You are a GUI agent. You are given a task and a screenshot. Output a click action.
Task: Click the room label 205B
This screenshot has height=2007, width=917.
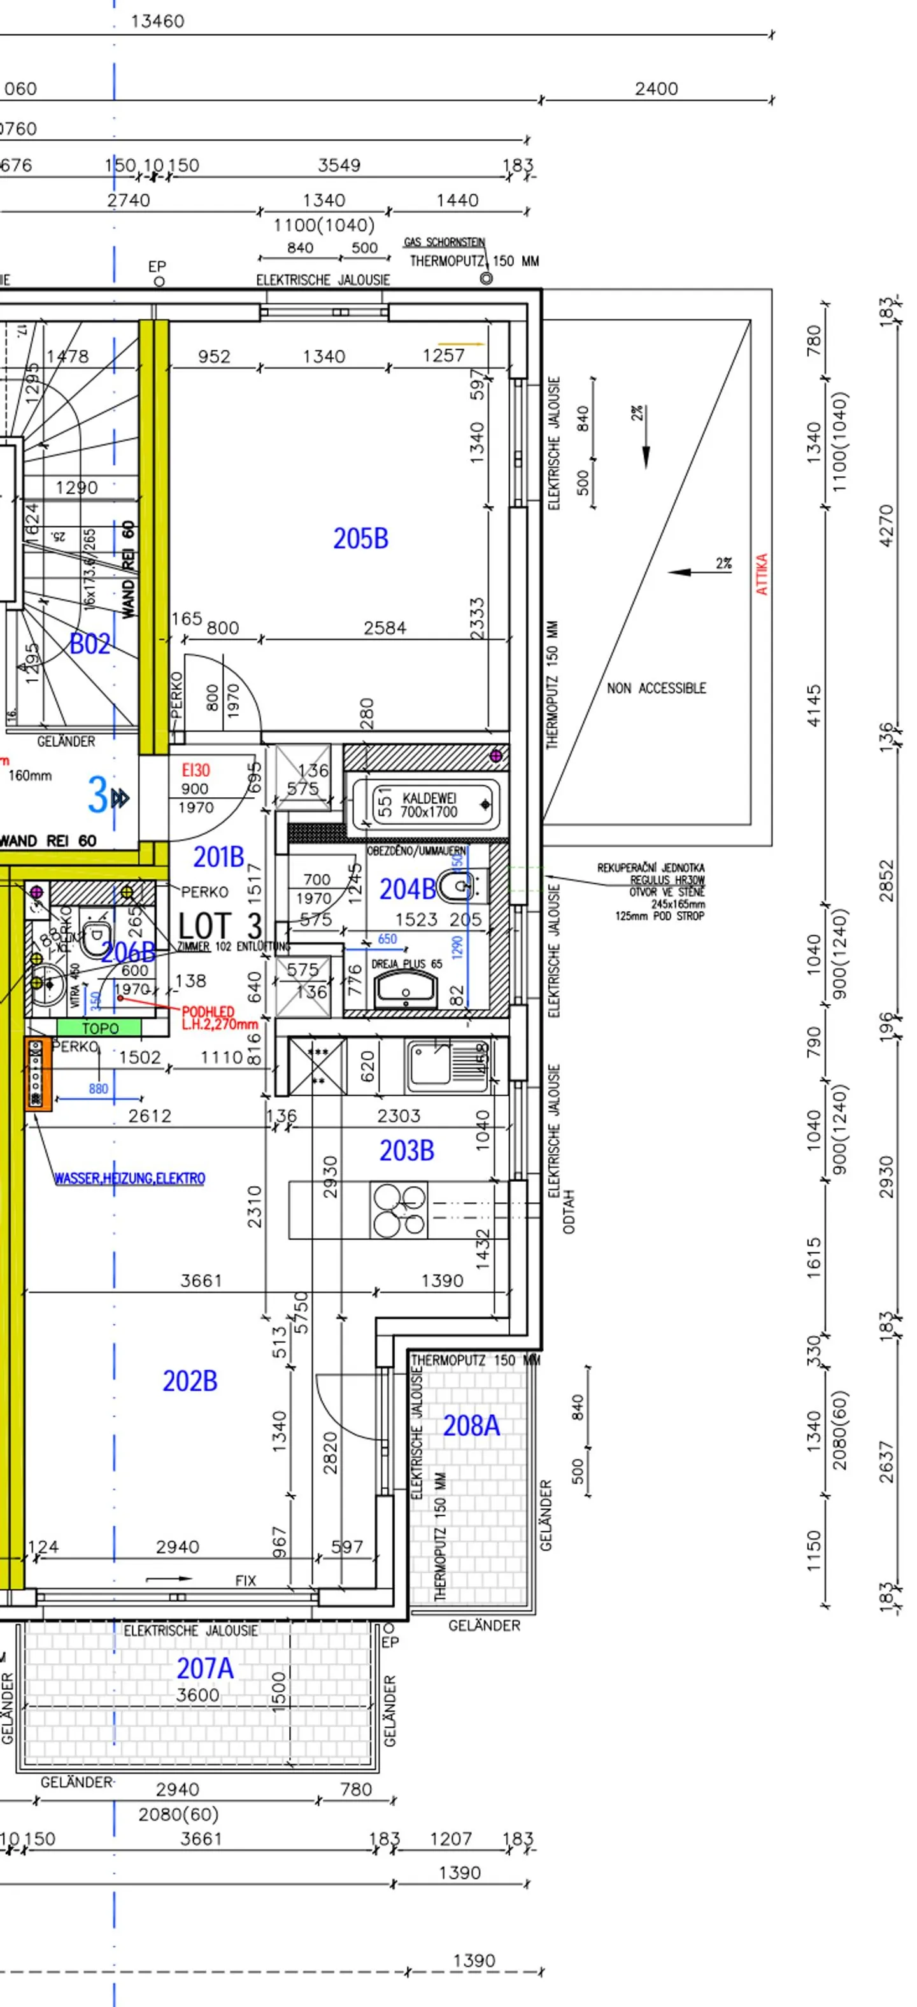coord(360,539)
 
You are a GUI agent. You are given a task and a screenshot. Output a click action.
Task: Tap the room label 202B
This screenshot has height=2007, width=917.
coord(189,1381)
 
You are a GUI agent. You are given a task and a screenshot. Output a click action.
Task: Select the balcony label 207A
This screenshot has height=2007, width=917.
coord(204,1668)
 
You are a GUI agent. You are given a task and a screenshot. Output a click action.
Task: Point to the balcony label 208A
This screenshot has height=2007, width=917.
coord(471,1426)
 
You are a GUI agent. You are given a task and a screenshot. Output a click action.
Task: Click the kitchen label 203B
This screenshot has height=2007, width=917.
coord(406,1151)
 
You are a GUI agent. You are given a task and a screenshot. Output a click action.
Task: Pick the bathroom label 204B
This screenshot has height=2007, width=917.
coord(407,889)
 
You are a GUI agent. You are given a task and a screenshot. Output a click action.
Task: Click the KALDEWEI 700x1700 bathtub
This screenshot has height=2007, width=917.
coord(426,804)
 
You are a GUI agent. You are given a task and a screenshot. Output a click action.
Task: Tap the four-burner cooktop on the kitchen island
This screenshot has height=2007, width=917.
coord(399,1210)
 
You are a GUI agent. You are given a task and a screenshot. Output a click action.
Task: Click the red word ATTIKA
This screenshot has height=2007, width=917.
coord(762,574)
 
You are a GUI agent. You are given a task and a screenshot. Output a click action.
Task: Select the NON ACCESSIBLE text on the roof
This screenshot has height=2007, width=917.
coord(656,688)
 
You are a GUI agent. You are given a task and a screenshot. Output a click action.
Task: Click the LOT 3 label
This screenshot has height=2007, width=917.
coord(220,926)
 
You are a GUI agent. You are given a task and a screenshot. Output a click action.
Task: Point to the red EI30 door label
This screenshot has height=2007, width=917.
coord(195,770)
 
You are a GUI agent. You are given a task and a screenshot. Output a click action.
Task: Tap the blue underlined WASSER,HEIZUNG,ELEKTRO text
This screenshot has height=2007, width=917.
coord(129,1178)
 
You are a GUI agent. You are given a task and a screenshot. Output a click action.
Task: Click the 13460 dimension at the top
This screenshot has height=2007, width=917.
coord(157,21)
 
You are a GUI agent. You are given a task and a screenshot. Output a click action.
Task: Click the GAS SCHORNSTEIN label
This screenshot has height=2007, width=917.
coord(444,243)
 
